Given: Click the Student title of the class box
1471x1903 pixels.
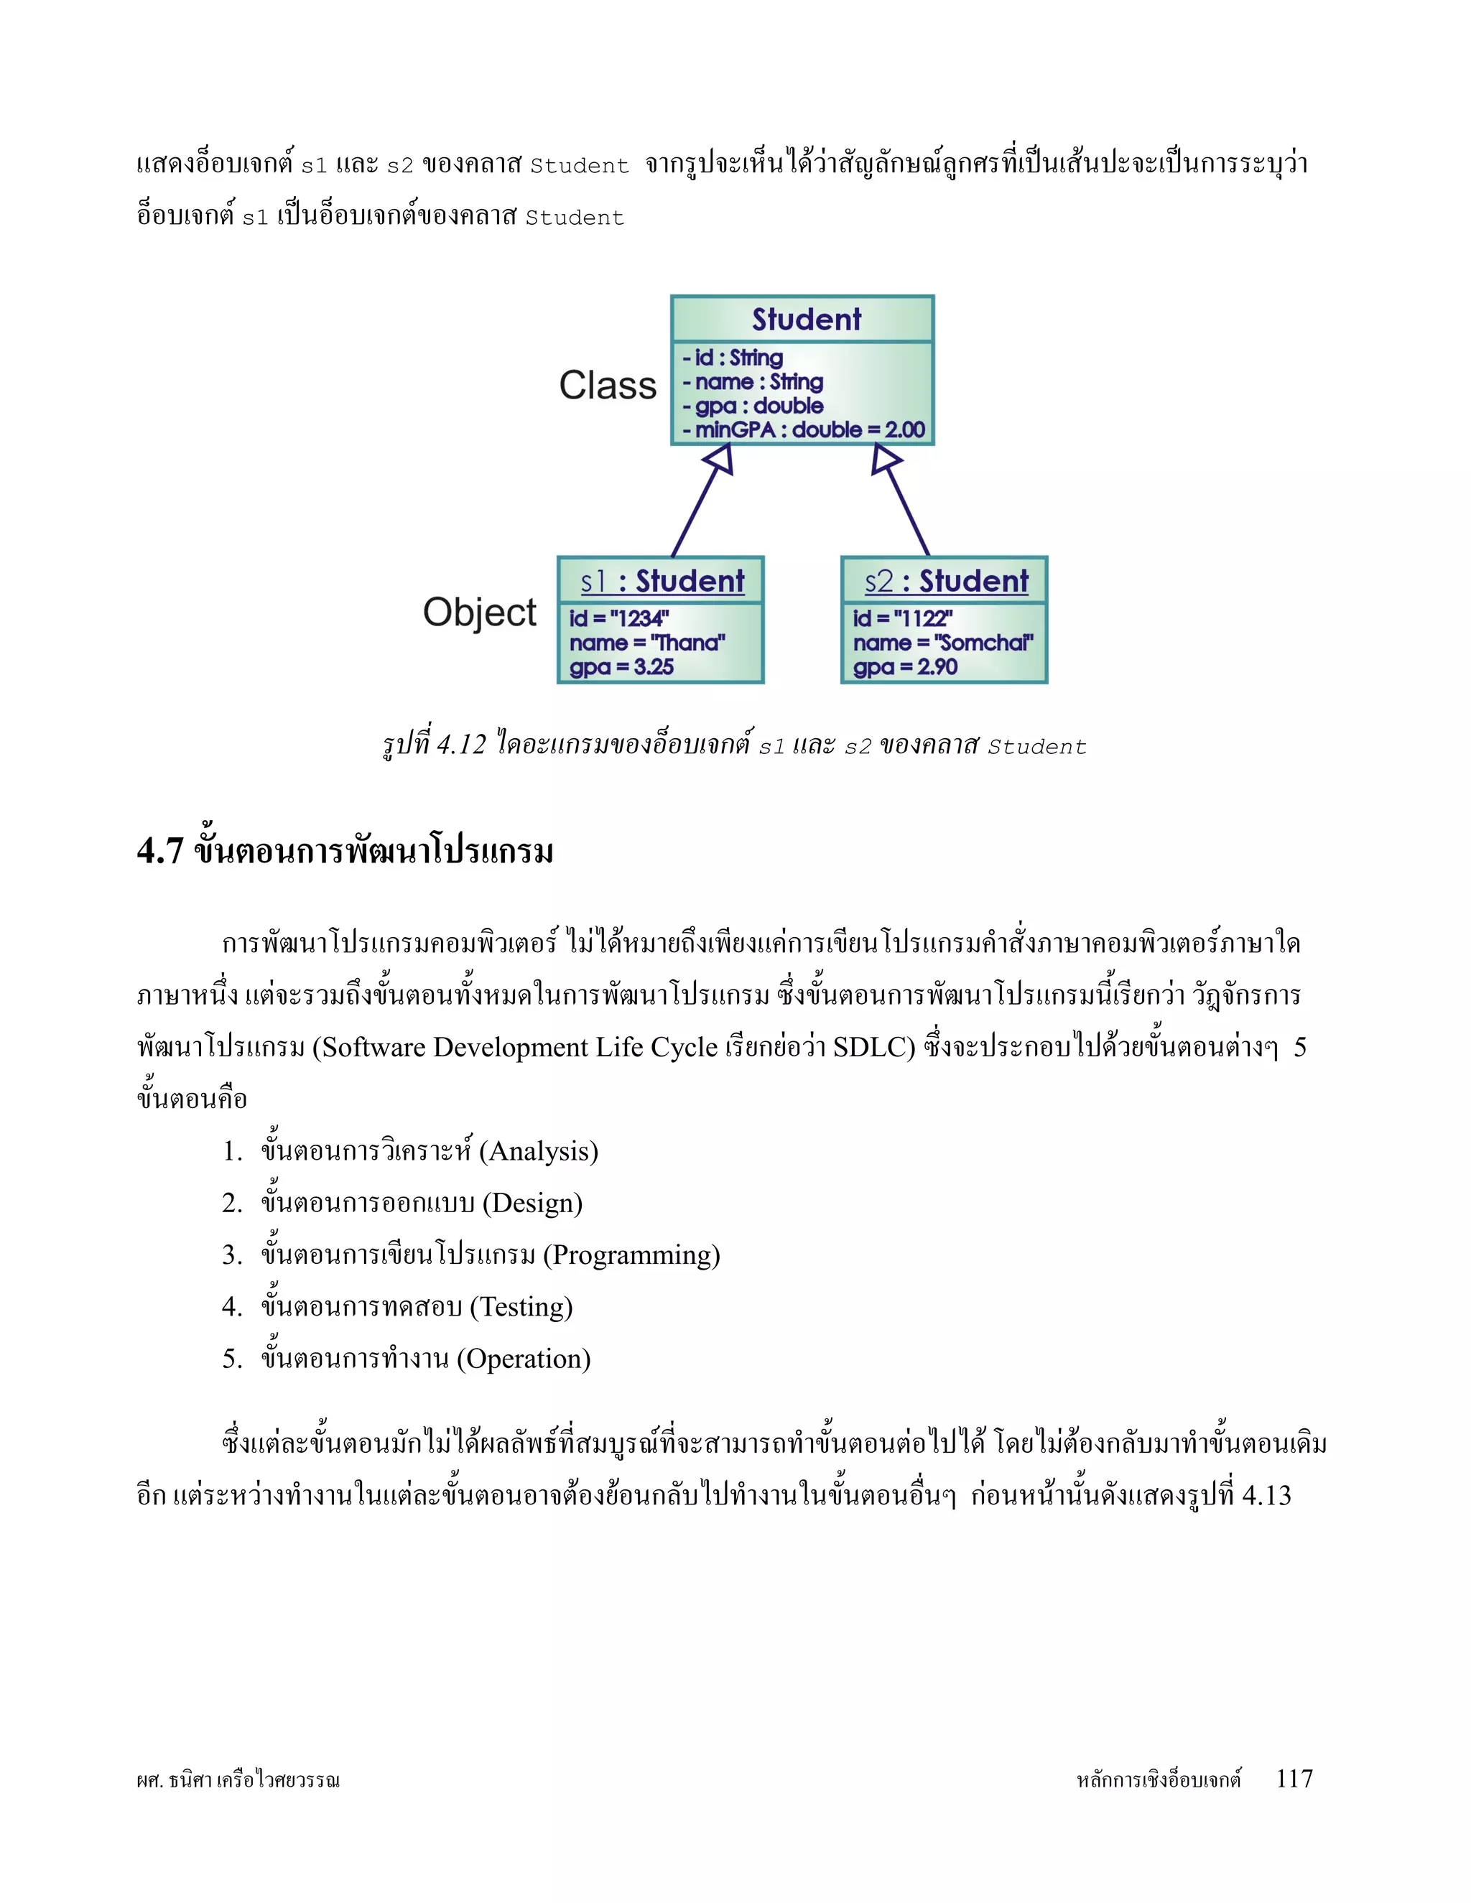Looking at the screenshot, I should tap(806, 320).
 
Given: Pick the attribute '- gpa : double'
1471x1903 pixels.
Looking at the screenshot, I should tap(753, 406).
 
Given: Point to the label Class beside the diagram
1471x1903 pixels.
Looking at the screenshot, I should tap(608, 385).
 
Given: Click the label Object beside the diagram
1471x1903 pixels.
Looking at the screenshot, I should tap(479, 612).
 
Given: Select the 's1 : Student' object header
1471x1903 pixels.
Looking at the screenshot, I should tap(662, 581).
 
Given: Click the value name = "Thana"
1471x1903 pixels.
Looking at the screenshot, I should tap(646, 643).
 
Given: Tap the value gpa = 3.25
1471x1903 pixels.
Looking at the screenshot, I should tap(621, 667).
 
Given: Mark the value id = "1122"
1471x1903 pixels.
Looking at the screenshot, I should tap(902, 618).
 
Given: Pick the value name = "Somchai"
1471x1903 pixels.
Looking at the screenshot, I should tap(943, 643).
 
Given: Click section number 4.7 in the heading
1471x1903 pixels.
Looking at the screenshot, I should tap(159, 851).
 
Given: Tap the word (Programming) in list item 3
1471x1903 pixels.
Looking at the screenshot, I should tap(632, 1255).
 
